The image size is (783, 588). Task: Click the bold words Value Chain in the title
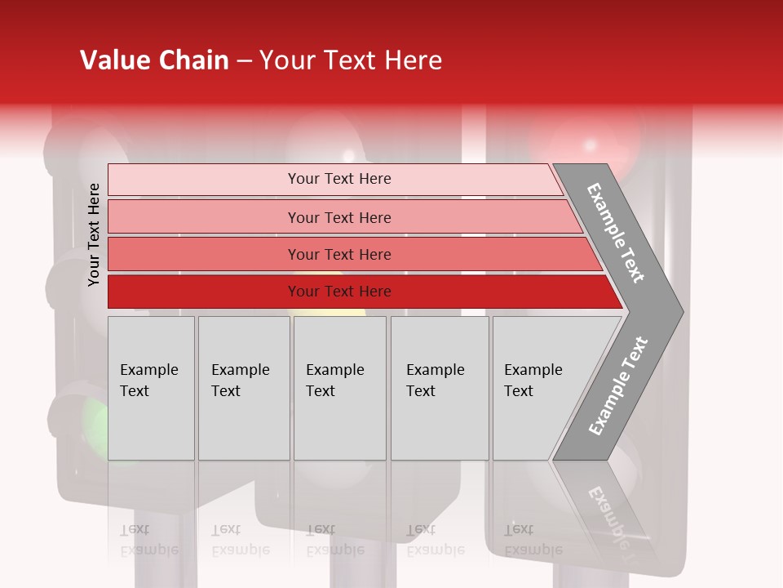(x=154, y=60)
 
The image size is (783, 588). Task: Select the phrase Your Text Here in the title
(x=351, y=60)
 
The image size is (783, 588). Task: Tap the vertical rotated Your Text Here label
(x=94, y=235)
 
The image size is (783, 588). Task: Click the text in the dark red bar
(x=339, y=292)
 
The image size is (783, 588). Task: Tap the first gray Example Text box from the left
(x=151, y=388)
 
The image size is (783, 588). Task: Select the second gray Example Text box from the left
(x=244, y=388)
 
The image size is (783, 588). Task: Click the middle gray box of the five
(x=339, y=388)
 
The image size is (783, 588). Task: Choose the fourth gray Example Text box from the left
(x=440, y=388)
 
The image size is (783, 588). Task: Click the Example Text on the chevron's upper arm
(x=616, y=234)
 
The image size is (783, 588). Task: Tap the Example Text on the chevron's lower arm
(x=617, y=386)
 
